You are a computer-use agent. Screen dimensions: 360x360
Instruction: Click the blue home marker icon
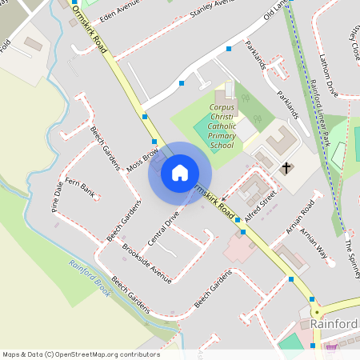tap(180, 173)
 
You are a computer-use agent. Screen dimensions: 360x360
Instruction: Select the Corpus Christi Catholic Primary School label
tap(221, 126)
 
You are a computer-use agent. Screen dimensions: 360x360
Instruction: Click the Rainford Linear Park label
tap(321, 113)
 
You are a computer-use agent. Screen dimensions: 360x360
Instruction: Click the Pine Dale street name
tap(57, 195)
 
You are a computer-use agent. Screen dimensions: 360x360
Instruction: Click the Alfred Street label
tap(260, 204)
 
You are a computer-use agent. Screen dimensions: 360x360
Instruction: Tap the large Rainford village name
tap(334, 323)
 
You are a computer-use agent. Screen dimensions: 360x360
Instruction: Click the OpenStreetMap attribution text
tap(81, 354)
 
